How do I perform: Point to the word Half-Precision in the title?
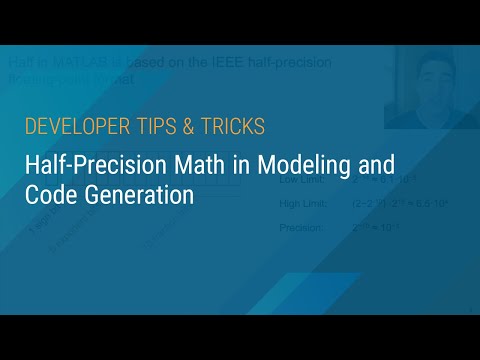click(91, 163)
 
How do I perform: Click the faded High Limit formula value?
click(390, 205)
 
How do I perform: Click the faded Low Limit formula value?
click(385, 182)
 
